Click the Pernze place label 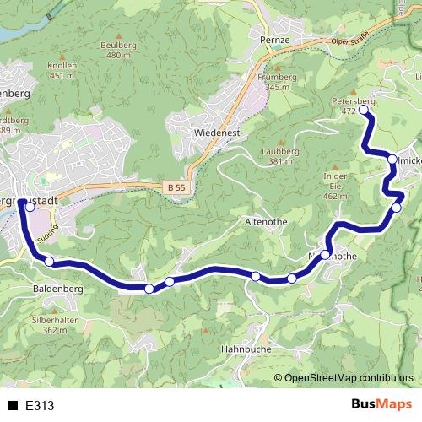tap(275, 41)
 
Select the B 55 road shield tap(175, 191)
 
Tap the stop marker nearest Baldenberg tap(49, 262)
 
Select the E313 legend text tap(41, 406)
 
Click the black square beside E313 tap(14, 406)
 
